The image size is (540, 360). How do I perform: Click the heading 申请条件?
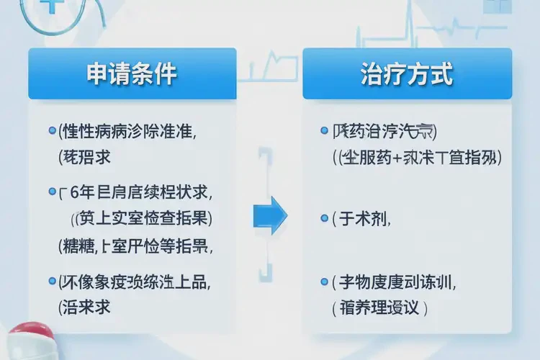(132, 74)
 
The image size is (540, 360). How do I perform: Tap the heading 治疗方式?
(407, 74)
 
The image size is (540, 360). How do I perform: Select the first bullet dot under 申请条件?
(52, 132)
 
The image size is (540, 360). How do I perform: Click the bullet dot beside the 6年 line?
(52, 192)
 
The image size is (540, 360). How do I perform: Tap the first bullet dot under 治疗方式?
(325, 132)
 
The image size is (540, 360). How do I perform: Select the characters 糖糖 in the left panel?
(81, 246)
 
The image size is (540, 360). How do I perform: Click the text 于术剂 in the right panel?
(364, 220)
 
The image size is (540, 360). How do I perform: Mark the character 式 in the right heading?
(441, 74)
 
